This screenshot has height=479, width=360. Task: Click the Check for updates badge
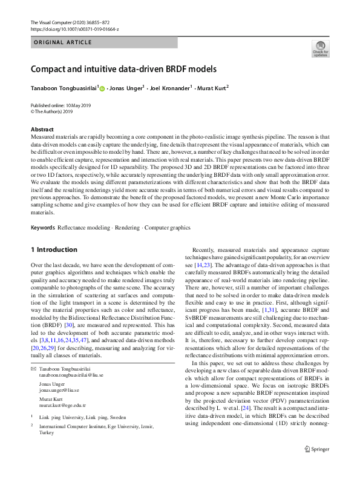pos(319,48)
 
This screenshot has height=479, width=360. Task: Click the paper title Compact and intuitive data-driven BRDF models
pos(123,68)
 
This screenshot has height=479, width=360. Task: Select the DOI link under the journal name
pos(74,29)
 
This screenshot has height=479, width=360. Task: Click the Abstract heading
pos(43,130)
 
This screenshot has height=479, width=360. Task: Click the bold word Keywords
pos(42,211)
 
